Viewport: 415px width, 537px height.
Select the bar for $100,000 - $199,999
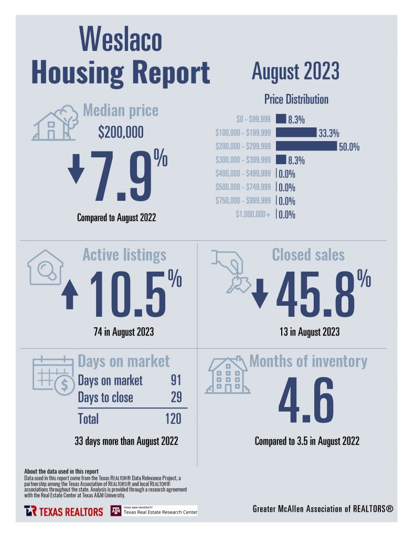click(295, 133)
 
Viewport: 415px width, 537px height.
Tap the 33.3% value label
click(328, 133)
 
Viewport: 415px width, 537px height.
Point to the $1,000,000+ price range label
click(253, 214)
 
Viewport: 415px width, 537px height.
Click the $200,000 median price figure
click(121, 133)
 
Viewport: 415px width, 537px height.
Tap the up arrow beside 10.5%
click(70, 296)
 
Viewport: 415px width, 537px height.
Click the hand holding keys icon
click(230, 270)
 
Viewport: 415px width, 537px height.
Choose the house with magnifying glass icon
click(45, 270)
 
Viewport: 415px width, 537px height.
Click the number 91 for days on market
click(176, 380)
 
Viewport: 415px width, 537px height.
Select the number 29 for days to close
click(176, 398)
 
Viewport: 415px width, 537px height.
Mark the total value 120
click(173, 418)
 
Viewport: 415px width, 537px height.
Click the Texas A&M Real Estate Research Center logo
click(154, 511)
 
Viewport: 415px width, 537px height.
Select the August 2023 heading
click(295, 71)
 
